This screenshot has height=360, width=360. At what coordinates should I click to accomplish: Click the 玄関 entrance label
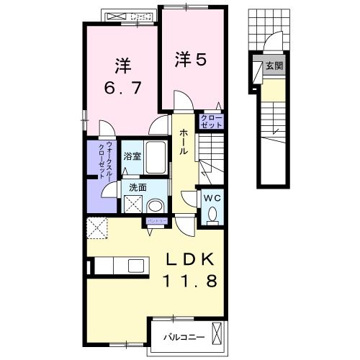click(x=274, y=66)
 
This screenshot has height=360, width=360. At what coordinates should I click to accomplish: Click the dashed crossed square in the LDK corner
click(x=97, y=228)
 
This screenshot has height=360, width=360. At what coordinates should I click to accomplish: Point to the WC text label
click(x=212, y=197)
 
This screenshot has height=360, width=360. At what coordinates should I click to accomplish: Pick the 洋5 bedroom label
click(x=189, y=60)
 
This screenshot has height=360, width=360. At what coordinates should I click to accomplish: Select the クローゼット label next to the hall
click(x=212, y=121)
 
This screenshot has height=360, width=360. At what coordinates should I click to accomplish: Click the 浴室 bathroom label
click(x=131, y=156)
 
